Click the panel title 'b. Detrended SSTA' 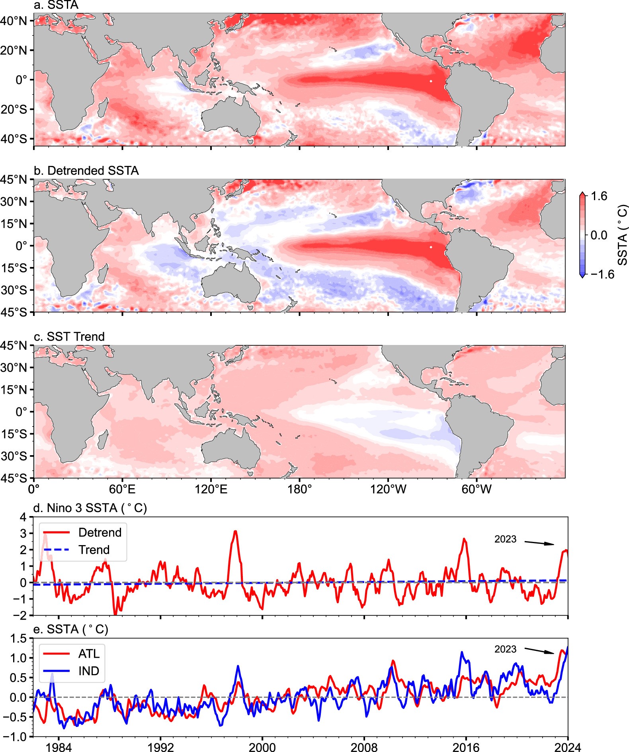(x=86, y=171)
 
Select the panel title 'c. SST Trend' (x=69, y=337)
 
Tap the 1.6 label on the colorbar (x=599, y=196)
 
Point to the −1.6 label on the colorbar (x=602, y=274)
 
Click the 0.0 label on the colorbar (x=599, y=235)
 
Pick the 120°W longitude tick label (x=388, y=489)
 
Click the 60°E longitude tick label (x=122, y=489)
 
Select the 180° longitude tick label (x=299, y=489)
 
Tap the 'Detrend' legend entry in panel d (x=100, y=532)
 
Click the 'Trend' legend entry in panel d (x=94, y=549)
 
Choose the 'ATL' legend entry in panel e (x=89, y=654)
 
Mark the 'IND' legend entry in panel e (x=89, y=671)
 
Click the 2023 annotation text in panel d (x=505, y=539)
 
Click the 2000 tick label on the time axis (x=262, y=747)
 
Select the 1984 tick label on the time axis (x=59, y=747)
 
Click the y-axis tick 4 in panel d (x=23, y=517)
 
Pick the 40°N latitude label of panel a (x=14, y=21)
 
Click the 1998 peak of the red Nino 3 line (x=235, y=531)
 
